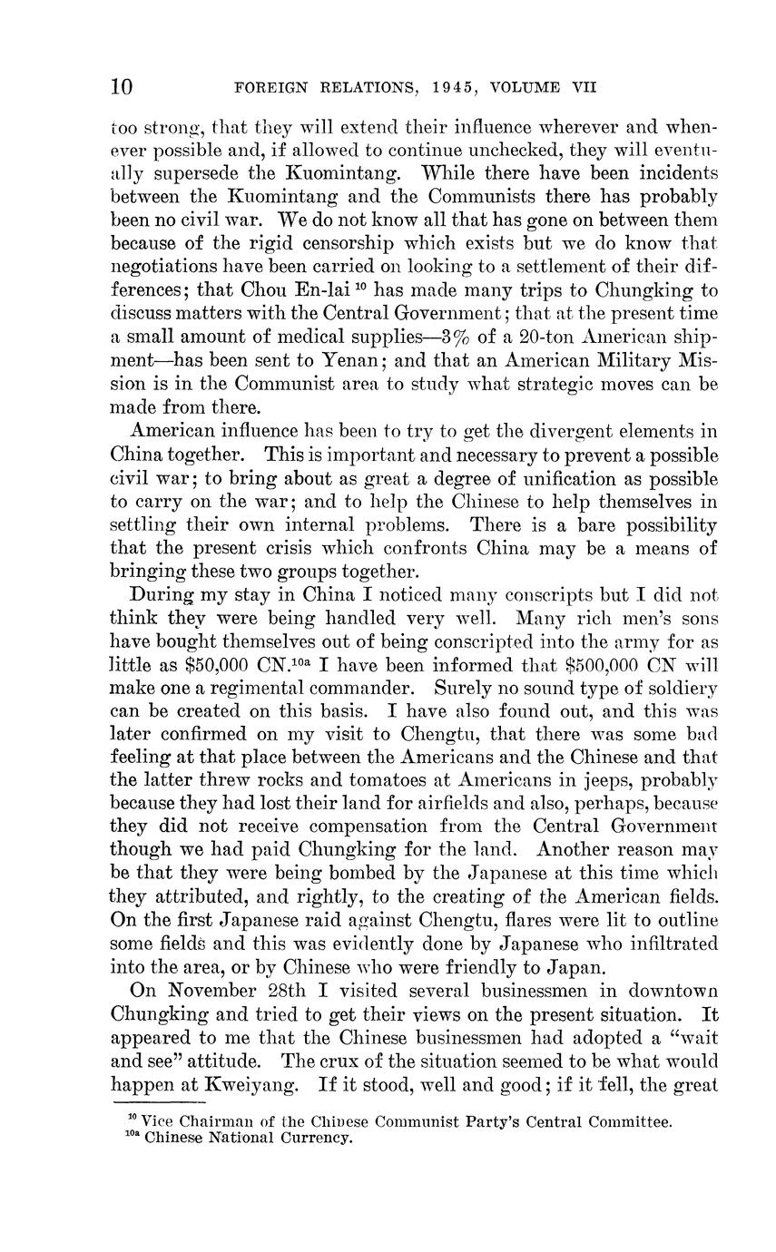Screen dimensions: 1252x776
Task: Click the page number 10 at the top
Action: tap(122, 87)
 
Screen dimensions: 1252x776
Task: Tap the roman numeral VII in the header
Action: tap(581, 88)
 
